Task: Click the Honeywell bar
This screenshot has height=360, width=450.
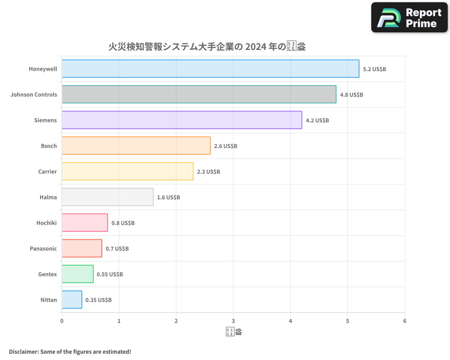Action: (x=210, y=69)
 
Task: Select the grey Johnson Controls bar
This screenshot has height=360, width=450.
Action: (x=199, y=94)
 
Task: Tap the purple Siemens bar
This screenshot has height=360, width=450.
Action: (x=182, y=120)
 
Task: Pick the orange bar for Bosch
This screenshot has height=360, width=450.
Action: (x=136, y=146)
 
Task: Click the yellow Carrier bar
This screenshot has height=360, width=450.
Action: (x=127, y=171)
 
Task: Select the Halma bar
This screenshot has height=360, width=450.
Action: (x=108, y=197)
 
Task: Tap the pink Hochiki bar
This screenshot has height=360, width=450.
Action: (x=85, y=223)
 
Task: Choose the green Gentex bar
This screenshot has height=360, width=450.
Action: (x=77, y=274)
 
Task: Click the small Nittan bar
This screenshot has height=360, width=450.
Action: (x=72, y=300)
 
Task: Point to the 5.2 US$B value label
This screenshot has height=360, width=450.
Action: (x=374, y=69)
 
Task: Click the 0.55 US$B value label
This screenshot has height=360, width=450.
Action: (x=109, y=274)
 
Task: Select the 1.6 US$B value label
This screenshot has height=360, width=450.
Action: (x=168, y=198)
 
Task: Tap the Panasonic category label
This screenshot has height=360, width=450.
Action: (x=43, y=248)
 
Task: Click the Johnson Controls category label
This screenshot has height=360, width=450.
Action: (x=34, y=94)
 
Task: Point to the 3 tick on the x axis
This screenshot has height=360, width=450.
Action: (x=233, y=321)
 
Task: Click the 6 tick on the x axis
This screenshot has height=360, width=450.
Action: (x=405, y=321)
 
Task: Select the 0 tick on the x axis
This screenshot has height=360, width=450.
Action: (x=62, y=321)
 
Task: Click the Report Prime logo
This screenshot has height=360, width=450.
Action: (x=409, y=18)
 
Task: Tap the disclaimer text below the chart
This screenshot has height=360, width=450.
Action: (x=70, y=351)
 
